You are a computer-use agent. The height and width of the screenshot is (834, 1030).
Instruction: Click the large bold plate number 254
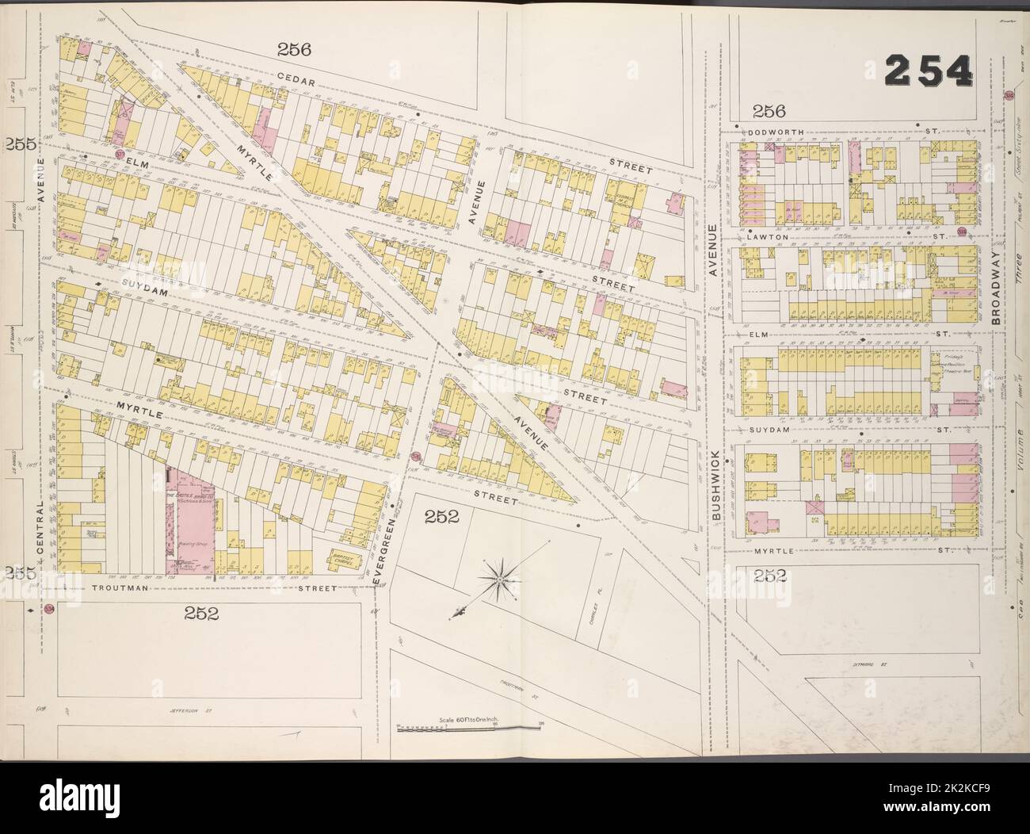[927, 72]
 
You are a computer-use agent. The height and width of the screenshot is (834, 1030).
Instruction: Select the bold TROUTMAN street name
[120, 589]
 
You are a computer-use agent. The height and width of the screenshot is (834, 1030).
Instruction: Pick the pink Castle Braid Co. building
[190, 523]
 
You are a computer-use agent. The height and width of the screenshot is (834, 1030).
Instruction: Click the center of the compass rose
[500, 581]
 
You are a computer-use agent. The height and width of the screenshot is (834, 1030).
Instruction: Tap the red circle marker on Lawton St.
[961, 231]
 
